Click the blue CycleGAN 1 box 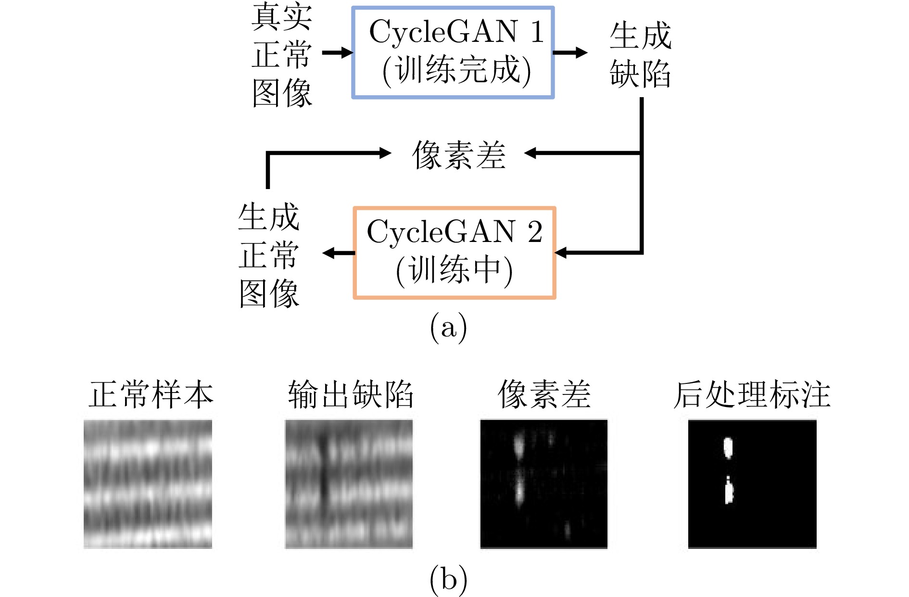click(x=453, y=8)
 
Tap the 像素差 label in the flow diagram click(x=459, y=155)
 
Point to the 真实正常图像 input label click(x=282, y=54)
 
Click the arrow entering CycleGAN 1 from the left click(x=338, y=52)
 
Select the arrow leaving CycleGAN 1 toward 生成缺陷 click(x=570, y=52)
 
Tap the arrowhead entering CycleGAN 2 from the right click(x=561, y=252)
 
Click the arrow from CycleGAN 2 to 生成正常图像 click(x=339, y=253)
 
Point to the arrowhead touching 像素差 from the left click(x=385, y=153)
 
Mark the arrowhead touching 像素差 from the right click(x=530, y=153)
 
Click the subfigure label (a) click(x=448, y=328)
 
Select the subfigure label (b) click(x=448, y=579)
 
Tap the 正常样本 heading click(x=151, y=394)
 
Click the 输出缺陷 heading click(x=351, y=394)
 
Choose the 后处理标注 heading click(x=752, y=394)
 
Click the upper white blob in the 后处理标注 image click(x=728, y=447)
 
